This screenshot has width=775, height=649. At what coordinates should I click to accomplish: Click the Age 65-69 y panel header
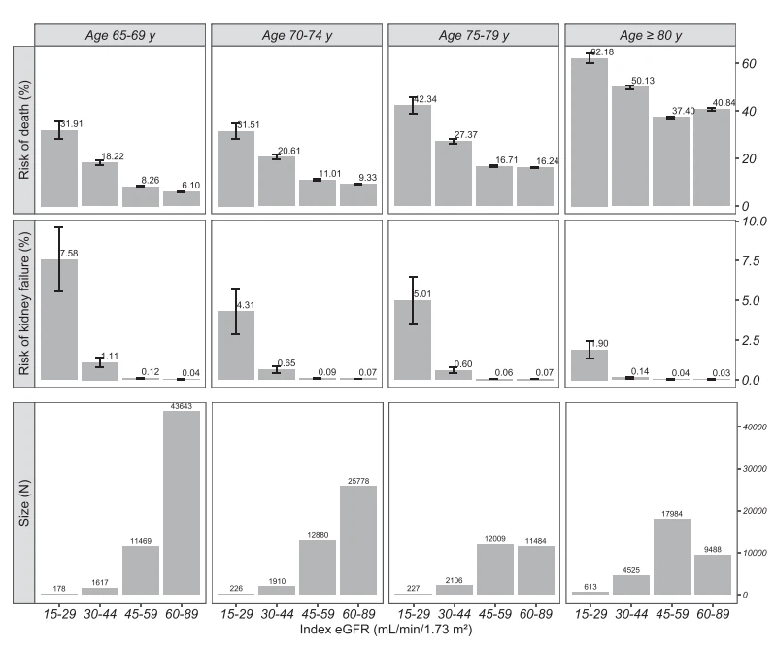click(x=120, y=34)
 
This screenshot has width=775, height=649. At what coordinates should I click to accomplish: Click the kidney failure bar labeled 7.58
click(x=59, y=320)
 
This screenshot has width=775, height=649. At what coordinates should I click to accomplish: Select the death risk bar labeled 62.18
click(x=589, y=132)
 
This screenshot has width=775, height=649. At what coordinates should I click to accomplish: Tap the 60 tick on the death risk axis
click(x=748, y=63)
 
